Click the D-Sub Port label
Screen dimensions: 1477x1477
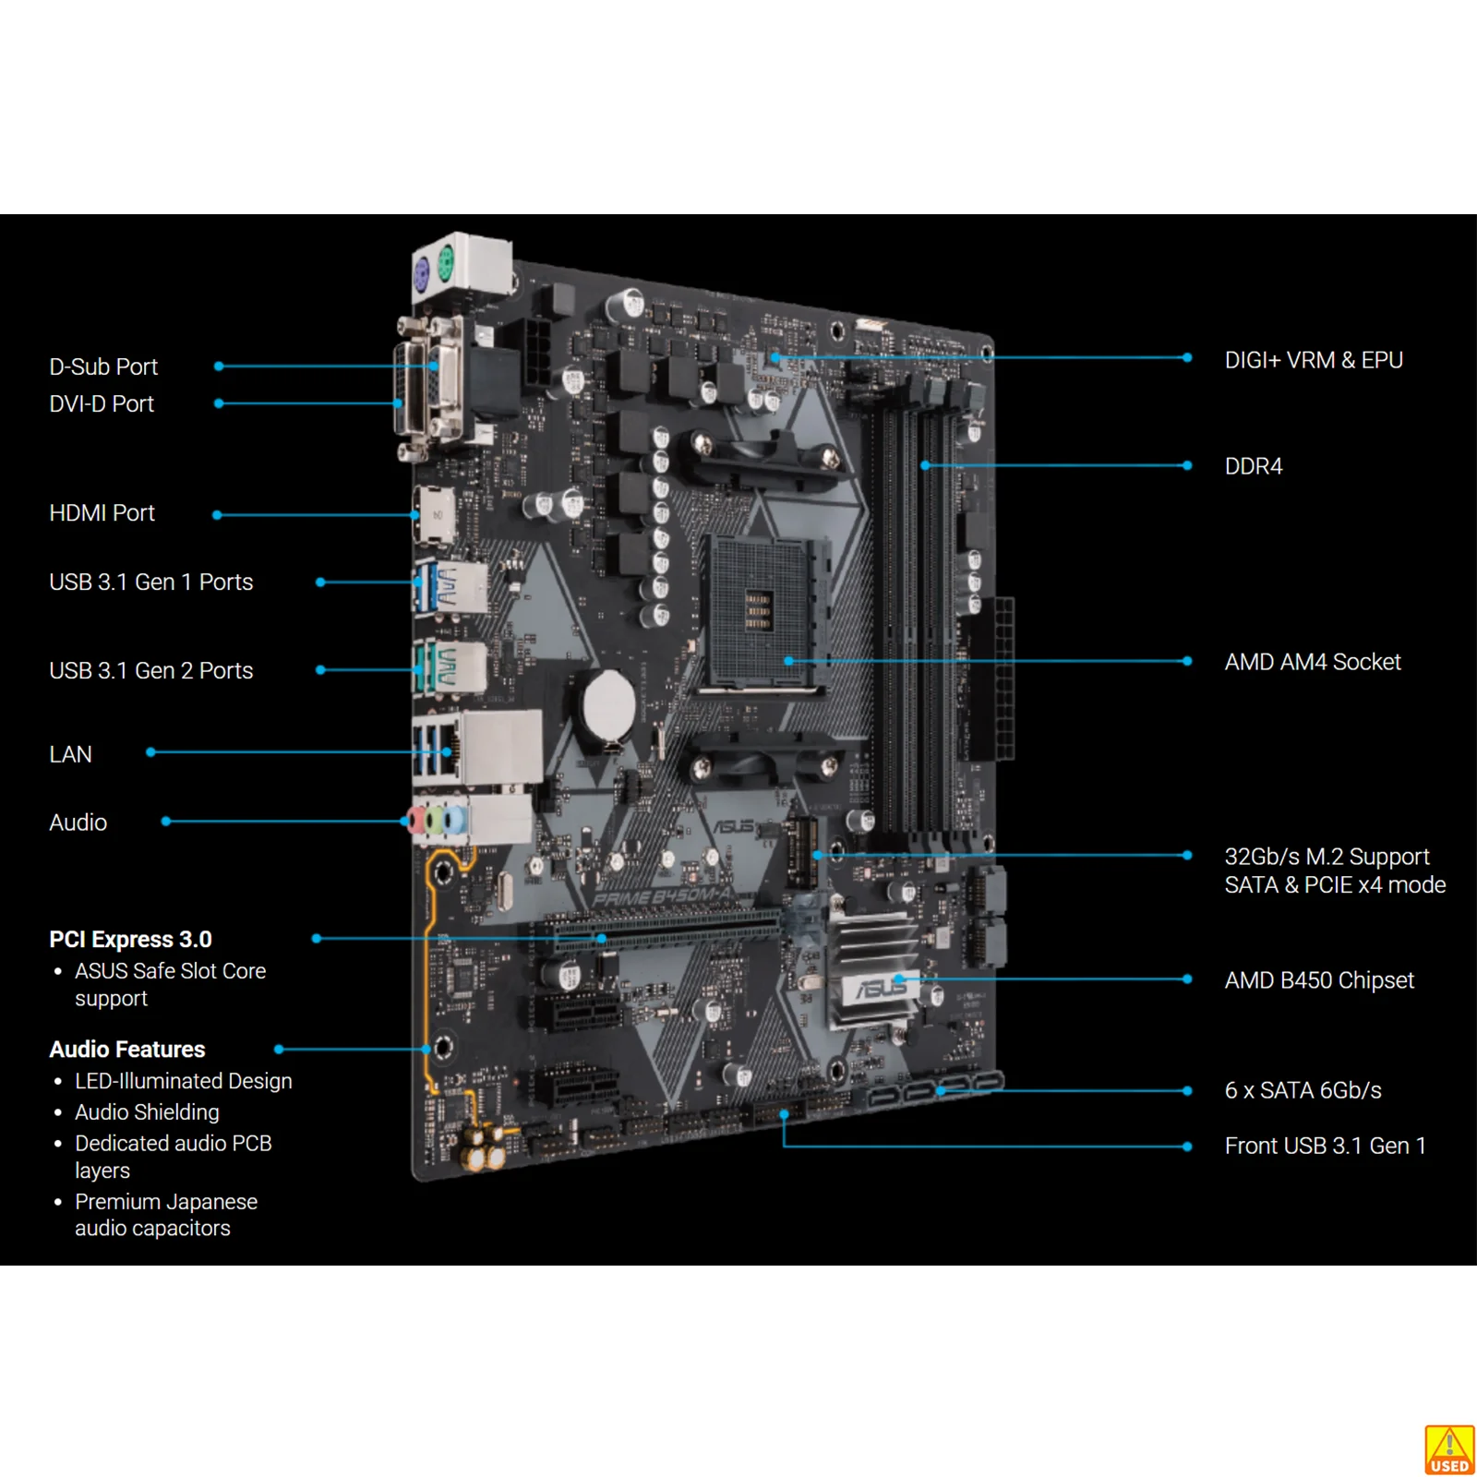103,366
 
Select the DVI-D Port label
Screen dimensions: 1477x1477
102,403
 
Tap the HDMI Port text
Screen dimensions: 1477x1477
102,512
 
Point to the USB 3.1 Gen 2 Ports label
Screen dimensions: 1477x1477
150,670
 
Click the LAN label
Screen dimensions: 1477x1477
70,754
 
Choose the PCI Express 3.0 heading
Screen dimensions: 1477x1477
130,939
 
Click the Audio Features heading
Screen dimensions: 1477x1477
126,1049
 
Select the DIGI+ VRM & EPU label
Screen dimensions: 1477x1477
1314,360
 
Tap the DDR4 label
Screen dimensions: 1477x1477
1253,466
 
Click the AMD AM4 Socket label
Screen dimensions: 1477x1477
1312,662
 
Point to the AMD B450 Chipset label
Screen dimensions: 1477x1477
1319,979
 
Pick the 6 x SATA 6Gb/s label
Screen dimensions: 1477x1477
1303,1090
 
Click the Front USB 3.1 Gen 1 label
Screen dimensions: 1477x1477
1325,1146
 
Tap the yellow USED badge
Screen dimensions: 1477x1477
1449,1450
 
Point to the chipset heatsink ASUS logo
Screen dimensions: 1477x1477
882,989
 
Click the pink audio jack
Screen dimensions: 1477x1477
416,821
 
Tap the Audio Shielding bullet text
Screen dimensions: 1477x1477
147,1112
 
